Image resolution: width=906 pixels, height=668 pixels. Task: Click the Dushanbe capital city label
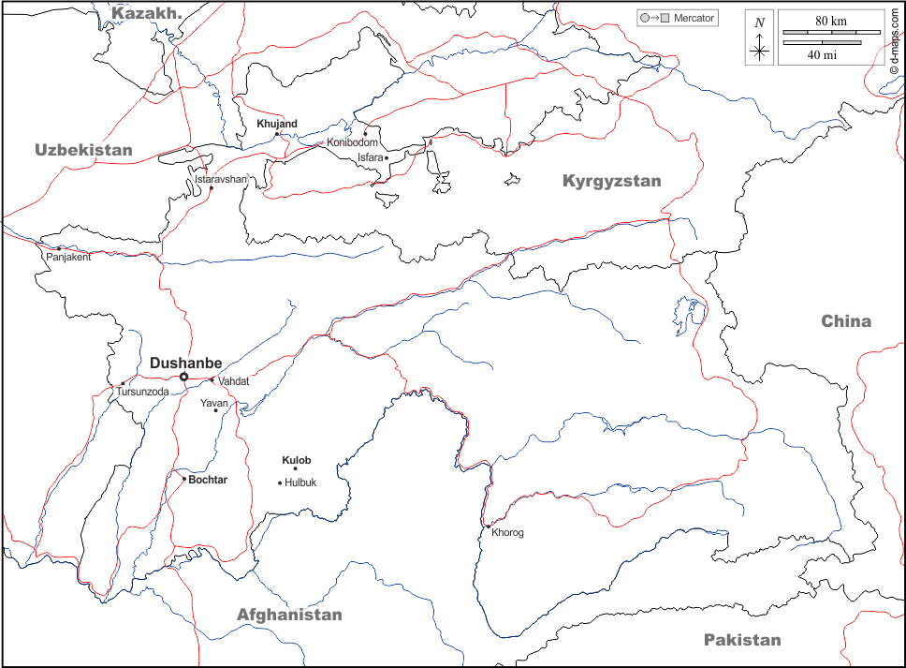coord(185,363)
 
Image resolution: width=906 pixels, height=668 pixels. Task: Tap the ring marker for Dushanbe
coord(184,377)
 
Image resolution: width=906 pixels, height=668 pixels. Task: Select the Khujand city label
coord(277,124)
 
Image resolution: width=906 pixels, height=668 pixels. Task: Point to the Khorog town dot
coord(488,527)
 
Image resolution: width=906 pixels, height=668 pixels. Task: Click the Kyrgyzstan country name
coord(611,181)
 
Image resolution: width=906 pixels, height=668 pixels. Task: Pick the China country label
coord(846,321)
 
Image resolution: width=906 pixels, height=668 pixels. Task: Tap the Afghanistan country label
coord(289,615)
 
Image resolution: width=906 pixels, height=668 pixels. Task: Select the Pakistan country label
coord(741,640)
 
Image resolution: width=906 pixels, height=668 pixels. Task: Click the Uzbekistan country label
coord(84,150)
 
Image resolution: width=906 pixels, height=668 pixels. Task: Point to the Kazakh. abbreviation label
coord(147,12)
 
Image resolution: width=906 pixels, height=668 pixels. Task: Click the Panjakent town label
coord(68,257)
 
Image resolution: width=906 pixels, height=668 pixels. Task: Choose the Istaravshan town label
coord(221,178)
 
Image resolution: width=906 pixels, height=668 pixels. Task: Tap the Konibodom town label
coord(352,142)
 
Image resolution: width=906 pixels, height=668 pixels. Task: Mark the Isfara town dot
coord(387,158)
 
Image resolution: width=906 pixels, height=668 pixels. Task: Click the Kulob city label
coord(296,460)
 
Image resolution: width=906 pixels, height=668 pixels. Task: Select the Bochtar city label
coord(208,480)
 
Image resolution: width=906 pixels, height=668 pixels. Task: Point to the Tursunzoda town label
coord(142,392)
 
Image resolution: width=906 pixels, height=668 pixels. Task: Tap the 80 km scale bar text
coord(830,21)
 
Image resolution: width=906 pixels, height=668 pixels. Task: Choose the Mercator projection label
coord(694,18)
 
